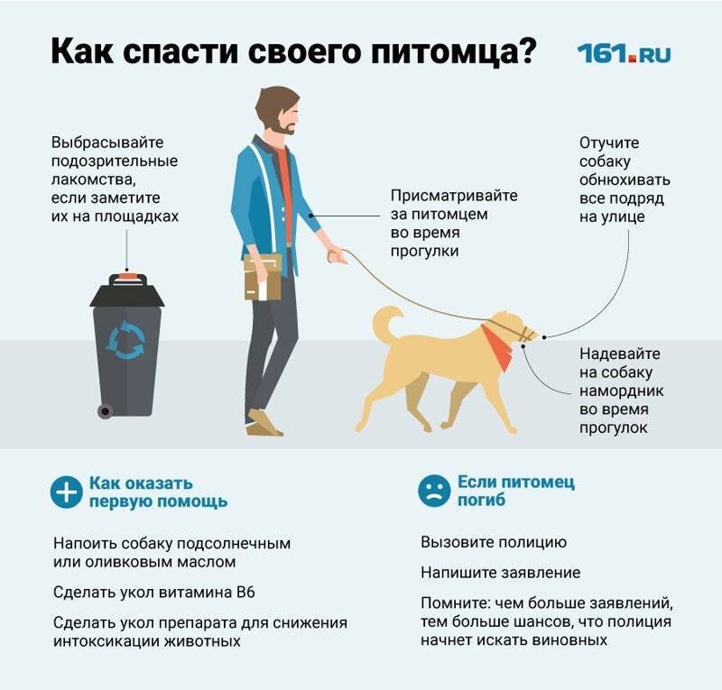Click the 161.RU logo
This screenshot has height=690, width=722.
tap(624, 52)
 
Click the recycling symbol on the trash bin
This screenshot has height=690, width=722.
tap(125, 340)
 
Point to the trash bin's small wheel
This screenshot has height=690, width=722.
tap(105, 410)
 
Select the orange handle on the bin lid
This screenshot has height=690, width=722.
tap(126, 276)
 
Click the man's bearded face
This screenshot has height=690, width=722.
tap(280, 116)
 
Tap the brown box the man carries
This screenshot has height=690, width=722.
tap(262, 277)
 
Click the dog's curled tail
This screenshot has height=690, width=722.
tap(386, 322)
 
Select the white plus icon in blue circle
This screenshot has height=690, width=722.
tap(66, 492)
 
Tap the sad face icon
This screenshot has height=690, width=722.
tap(434, 491)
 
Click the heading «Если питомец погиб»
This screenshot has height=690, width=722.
tap(515, 491)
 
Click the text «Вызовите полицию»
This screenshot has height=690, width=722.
tap(494, 543)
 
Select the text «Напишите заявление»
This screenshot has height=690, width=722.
tap(501, 573)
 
